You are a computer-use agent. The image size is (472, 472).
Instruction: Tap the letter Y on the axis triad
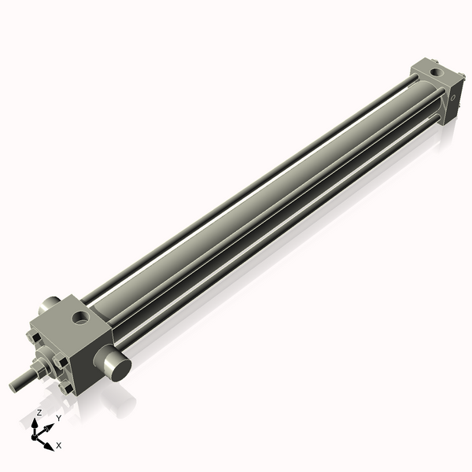point(58,418)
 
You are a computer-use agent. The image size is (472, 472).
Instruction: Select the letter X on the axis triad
point(59,445)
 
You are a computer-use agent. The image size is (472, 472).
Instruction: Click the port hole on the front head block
point(80,319)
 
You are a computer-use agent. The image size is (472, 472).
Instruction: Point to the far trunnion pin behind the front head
point(49,303)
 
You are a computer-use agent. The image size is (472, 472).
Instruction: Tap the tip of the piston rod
point(13,385)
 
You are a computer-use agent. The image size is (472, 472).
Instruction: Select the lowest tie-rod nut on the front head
point(64,388)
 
